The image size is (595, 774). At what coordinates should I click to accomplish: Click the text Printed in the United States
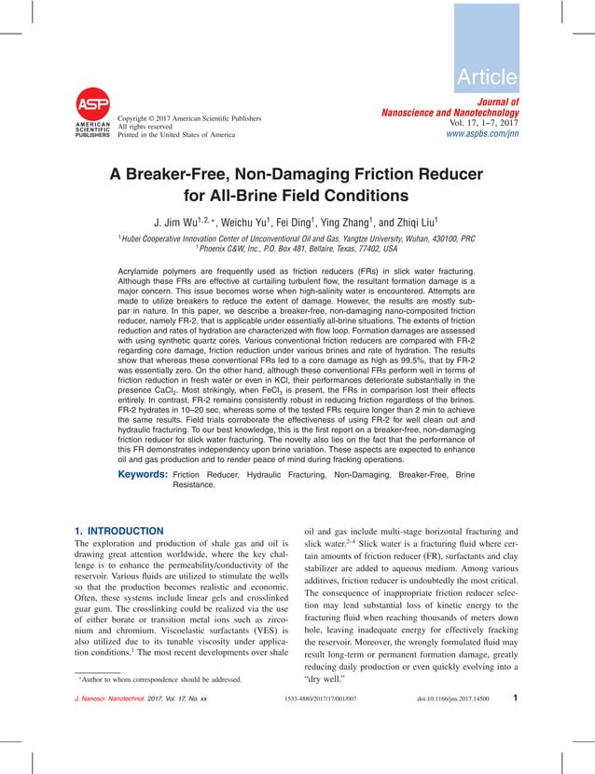point(176,135)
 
